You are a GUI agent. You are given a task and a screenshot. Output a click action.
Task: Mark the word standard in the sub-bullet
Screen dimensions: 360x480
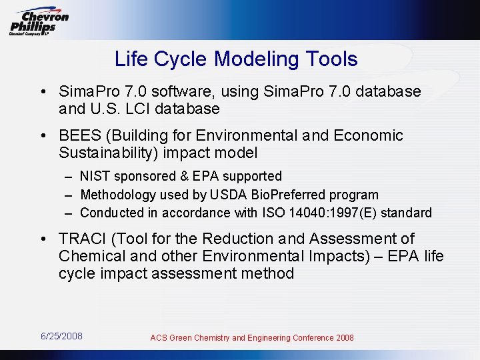pos(407,213)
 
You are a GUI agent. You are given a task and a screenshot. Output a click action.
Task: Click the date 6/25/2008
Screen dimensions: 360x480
pos(61,336)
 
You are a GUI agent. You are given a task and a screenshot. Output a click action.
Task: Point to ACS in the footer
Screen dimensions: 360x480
pos(159,338)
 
